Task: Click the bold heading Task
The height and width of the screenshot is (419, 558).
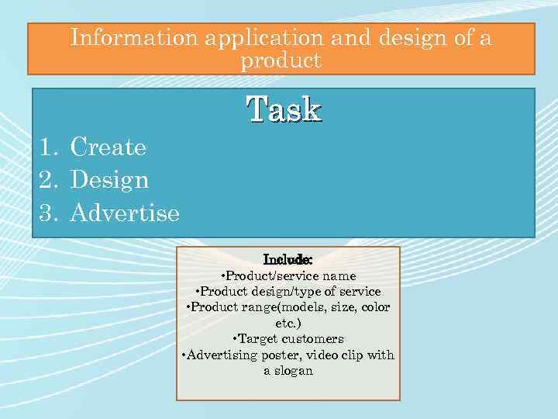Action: click(284, 109)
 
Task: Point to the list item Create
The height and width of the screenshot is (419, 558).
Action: click(108, 147)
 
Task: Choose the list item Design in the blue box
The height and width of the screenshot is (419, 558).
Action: click(109, 180)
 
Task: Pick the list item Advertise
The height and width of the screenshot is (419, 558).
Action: click(125, 213)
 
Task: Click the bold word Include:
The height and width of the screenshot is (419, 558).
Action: click(288, 259)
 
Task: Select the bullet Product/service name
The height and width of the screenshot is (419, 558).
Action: click(288, 275)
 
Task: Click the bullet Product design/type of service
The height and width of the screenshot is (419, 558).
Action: click(288, 291)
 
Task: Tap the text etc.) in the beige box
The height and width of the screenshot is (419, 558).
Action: click(288, 323)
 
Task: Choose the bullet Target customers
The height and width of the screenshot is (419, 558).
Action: click(288, 339)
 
